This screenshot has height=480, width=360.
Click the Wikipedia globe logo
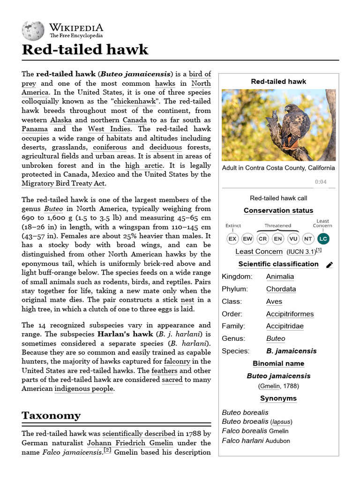click(x=33, y=30)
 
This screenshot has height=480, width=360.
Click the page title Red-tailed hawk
click(x=85, y=49)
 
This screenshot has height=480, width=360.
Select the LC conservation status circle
click(x=323, y=239)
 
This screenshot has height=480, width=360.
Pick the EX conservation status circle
click(x=232, y=239)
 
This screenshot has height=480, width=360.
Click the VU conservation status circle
click(x=293, y=239)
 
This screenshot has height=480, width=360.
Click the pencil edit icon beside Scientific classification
click(x=330, y=265)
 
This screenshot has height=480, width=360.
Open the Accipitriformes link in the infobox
click(x=290, y=314)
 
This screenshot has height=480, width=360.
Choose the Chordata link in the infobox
click(x=281, y=289)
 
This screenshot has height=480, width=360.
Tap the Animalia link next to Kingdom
click(x=280, y=277)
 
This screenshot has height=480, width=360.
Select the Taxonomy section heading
click(x=51, y=415)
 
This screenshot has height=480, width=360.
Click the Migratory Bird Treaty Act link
click(x=64, y=183)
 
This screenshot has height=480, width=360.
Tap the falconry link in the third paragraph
click(x=178, y=361)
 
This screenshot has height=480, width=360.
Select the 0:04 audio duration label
click(x=321, y=182)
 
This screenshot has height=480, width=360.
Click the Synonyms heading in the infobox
click(x=278, y=398)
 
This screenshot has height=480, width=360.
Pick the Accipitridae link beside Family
click(x=285, y=326)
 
